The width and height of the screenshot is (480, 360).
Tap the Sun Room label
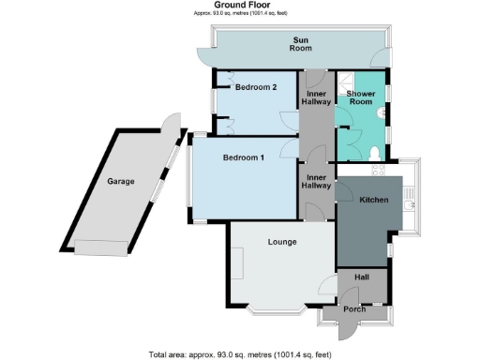[301, 44]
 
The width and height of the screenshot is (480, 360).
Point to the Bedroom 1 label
[244, 158]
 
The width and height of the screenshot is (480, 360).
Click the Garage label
[119, 181]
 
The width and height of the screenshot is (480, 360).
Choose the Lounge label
[282, 242]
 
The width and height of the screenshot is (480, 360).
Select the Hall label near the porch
[361, 278]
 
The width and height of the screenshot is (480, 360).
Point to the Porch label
[353, 309]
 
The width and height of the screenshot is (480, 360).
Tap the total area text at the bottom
[240, 353]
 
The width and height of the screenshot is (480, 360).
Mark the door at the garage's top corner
[171, 126]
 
